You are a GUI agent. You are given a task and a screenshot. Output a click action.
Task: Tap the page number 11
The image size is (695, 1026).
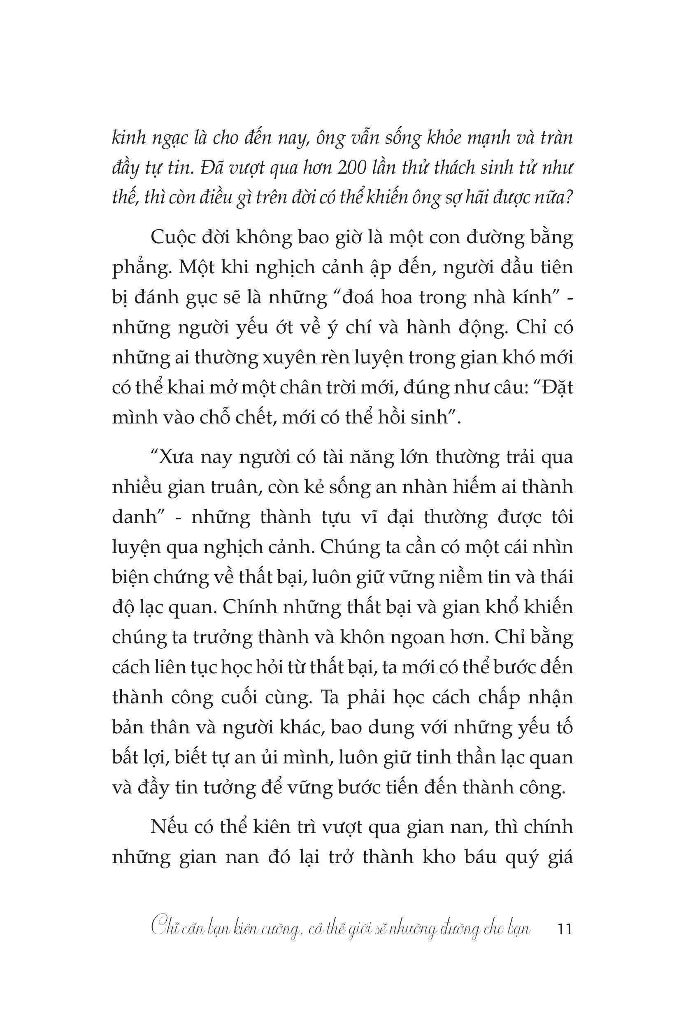(x=565, y=929)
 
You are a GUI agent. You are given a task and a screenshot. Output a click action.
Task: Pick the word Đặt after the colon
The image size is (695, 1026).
(x=556, y=387)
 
